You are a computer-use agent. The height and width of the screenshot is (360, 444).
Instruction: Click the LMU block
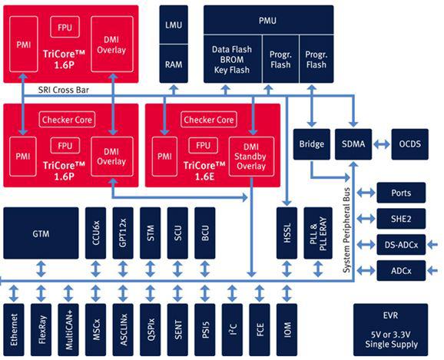[x=174, y=25]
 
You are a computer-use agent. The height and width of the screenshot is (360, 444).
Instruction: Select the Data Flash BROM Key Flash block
[x=233, y=59]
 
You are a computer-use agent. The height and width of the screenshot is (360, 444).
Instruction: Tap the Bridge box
[x=311, y=144]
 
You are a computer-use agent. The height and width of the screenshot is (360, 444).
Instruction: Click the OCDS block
[x=409, y=144]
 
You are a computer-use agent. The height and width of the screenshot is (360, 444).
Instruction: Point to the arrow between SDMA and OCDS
[x=382, y=144]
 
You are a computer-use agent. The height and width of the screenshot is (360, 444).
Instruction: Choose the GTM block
[x=41, y=233]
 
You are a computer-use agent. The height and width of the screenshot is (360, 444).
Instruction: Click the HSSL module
[x=287, y=233]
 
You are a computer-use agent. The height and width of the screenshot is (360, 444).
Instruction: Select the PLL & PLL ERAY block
[x=318, y=233]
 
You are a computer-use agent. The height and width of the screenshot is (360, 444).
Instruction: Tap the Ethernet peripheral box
[x=14, y=330]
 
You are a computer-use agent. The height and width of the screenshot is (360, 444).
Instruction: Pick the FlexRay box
[x=41, y=330]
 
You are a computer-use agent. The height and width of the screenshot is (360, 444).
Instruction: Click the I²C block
[x=232, y=330]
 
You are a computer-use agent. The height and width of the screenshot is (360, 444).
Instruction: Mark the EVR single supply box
[x=391, y=330]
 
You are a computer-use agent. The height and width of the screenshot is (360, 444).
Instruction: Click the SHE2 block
[x=401, y=219]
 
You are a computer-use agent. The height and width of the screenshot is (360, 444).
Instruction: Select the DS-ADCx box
[x=401, y=245]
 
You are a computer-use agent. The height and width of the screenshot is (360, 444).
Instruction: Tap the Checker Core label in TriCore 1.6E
[x=209, y=120]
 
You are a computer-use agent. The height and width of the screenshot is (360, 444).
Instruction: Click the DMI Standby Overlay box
[x=251, y=157]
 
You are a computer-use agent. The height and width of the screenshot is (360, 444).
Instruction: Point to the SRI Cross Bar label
[x=64, y=90]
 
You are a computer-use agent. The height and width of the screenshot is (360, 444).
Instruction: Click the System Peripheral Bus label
[x=347, y=230]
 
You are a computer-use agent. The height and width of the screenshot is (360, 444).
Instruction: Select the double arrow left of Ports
[x=366, y=193]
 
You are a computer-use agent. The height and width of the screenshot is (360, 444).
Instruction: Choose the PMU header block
[x=268, y=20]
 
